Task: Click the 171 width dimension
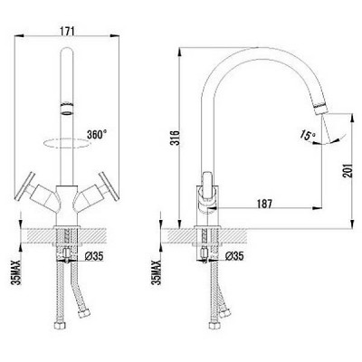pos(67,30)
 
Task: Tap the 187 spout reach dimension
pos(264,204)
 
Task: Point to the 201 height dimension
pos(348,171)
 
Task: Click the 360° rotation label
pos(97,134)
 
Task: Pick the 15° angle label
pos(307,136)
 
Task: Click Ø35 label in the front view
pos(94,256)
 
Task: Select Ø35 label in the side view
pos(234,256)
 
